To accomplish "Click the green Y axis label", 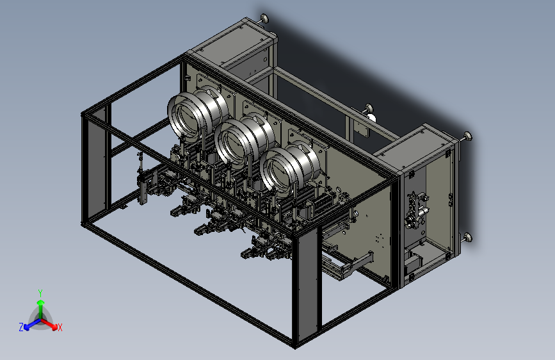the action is pyautogui.click(x=40, y=293).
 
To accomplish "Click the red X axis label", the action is pyautogui.click(x=60, y=327).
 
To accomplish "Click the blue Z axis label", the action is pyautogui.click(x=21, y=327).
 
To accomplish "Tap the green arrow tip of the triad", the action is pyautogui.click(x=41, y=302).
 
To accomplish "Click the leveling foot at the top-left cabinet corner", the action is pyautogui.click(x=264, y=18).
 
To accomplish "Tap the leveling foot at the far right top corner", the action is pyautogui.click(x=467, y=136).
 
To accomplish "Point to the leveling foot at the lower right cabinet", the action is pyautogui.click(x=467, y=238).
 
